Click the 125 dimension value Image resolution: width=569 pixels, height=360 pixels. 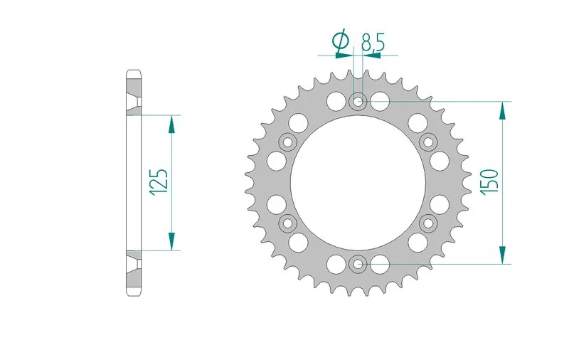[159, 182]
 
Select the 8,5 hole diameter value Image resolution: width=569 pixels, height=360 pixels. [373, 43]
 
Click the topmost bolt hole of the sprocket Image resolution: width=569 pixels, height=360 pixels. [358, 102]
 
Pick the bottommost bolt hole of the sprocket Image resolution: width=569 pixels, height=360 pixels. [358, 265]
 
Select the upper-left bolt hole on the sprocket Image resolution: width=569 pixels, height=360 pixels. [288, 142]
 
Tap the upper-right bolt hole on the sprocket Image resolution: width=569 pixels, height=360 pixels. [429, 142]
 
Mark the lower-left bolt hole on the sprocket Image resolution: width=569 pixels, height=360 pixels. [288, 224]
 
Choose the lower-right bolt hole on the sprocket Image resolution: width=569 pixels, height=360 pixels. [429, 224]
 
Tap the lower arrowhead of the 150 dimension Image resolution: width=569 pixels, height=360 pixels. [503, 255]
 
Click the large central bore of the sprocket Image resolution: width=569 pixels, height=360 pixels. [358, 183]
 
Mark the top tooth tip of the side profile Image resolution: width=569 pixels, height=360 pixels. [134, 72]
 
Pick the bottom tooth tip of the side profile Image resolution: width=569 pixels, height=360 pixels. [134, 293]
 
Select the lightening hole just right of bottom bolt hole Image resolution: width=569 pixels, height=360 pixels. [382, 265]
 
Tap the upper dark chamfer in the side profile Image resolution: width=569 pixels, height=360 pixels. [134, 100]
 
